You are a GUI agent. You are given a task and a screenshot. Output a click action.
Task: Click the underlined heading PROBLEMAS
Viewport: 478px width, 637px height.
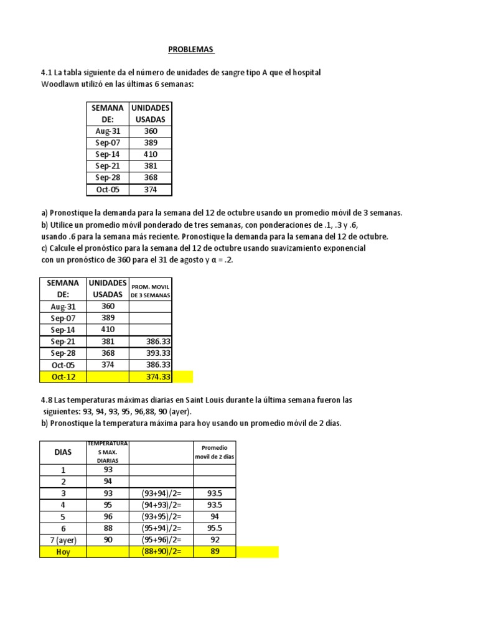point(191,49)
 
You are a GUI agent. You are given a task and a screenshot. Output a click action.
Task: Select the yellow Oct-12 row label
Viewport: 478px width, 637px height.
point(64,377)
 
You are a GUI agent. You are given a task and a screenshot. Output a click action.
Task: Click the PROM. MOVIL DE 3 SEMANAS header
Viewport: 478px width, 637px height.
point(150,289)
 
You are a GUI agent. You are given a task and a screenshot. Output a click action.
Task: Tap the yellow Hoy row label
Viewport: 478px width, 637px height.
point(63,552)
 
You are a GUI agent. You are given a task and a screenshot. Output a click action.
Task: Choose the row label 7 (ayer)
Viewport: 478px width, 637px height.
point(63,540)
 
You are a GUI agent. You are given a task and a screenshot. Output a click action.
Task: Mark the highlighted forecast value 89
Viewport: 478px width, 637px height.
point(215,552)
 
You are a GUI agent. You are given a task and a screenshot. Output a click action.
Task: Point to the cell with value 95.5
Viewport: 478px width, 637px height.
point(215,528)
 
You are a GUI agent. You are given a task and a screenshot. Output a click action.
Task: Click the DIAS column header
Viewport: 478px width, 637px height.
point(63,452)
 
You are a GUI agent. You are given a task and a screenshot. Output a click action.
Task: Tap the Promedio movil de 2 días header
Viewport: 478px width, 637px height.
point(215,452)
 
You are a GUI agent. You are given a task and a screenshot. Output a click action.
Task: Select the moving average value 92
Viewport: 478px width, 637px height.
point(215,540)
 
